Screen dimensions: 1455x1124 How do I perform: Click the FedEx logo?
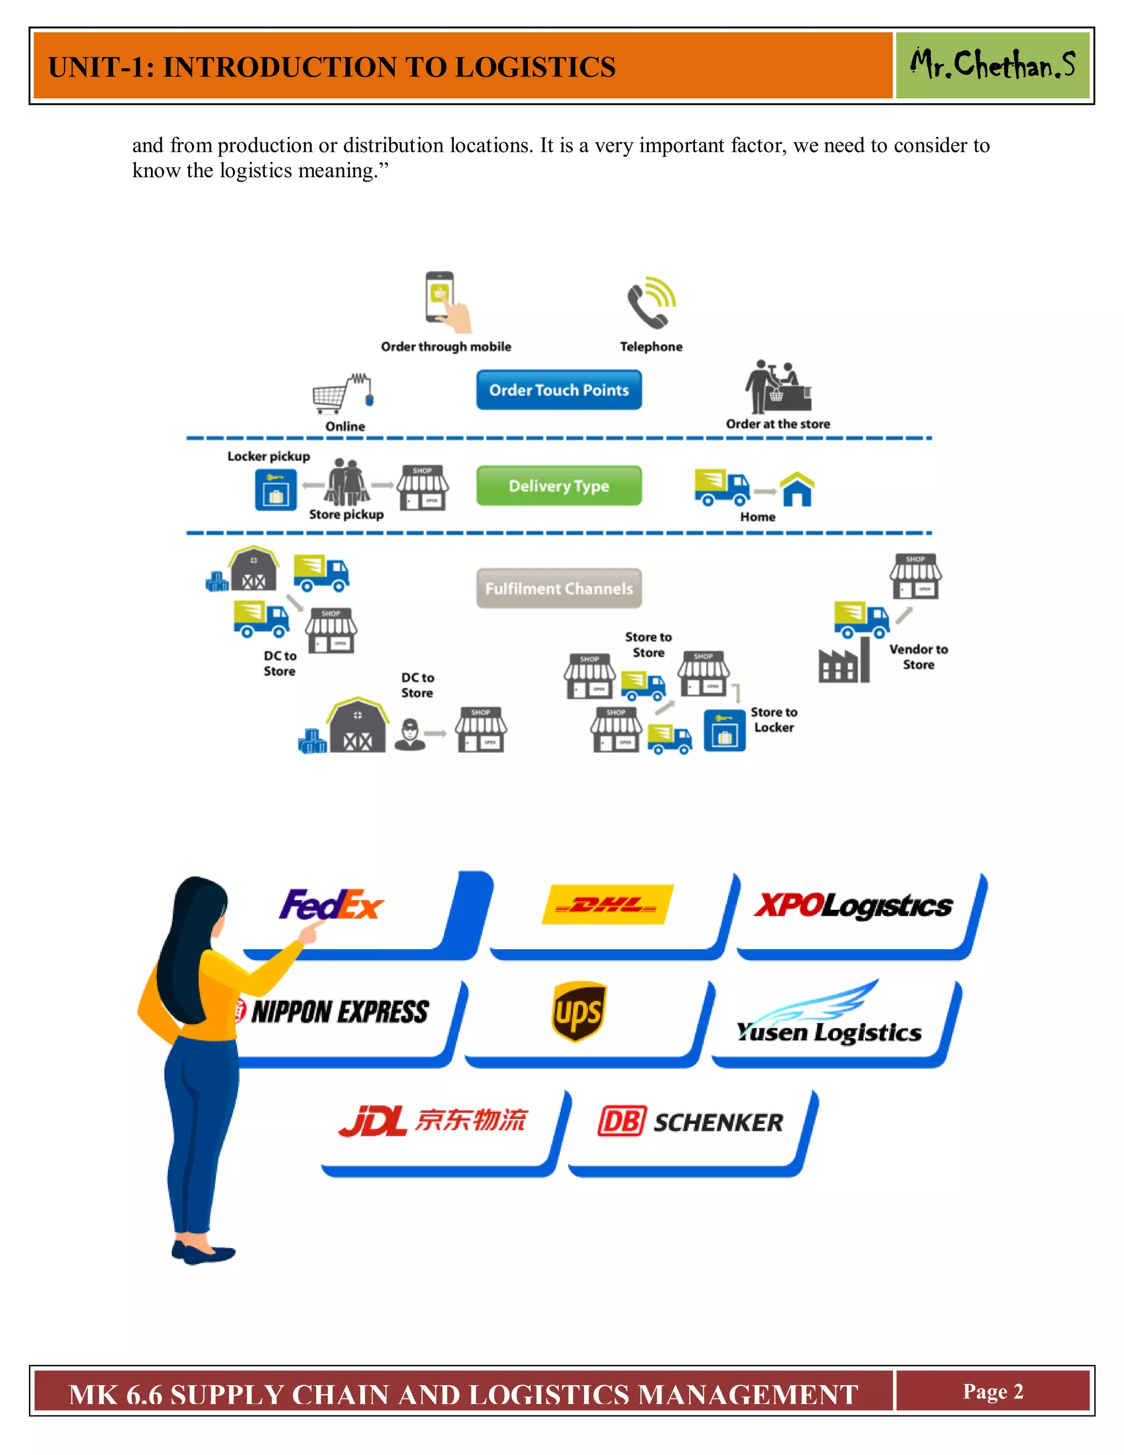pyautogui.click(x=331, y=905)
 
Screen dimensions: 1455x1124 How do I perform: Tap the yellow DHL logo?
pyautogui.click(x=608, y=904)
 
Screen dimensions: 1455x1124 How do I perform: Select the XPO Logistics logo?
pyautogui.click(x=853, y=905)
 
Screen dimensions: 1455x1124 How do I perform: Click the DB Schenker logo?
pyautogui.click(x=690, y=1121)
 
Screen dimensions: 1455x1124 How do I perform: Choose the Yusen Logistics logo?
pyautogui.click(x=829, y=1019)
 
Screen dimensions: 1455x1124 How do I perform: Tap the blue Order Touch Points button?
pyautogui.click(x=559, y=390)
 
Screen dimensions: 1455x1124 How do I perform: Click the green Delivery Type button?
pyautogui.click(x=559, y=486)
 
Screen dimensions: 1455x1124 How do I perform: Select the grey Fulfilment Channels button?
pyautogui.click(x=559, y=588)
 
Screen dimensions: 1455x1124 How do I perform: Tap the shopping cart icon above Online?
pyautogui.click(x=332, y=395)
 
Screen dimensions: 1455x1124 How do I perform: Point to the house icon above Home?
pyautogui.click(x=797, y=489)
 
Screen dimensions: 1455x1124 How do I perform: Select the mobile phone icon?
pyautogui.click(x=441, y=298)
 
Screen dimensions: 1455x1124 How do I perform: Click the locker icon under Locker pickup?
pyautogui.click(x=276, y=490)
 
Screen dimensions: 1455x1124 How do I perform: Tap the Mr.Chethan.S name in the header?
pyautogui.click(x=992, y=65)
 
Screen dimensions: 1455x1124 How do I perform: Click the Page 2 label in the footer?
pyautogui.click(x=992, y=1392)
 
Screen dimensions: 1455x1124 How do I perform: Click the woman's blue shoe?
pyautogui.click(x=203, y=1254)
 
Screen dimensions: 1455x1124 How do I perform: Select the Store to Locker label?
pyautogui.click(x=774, y=719)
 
